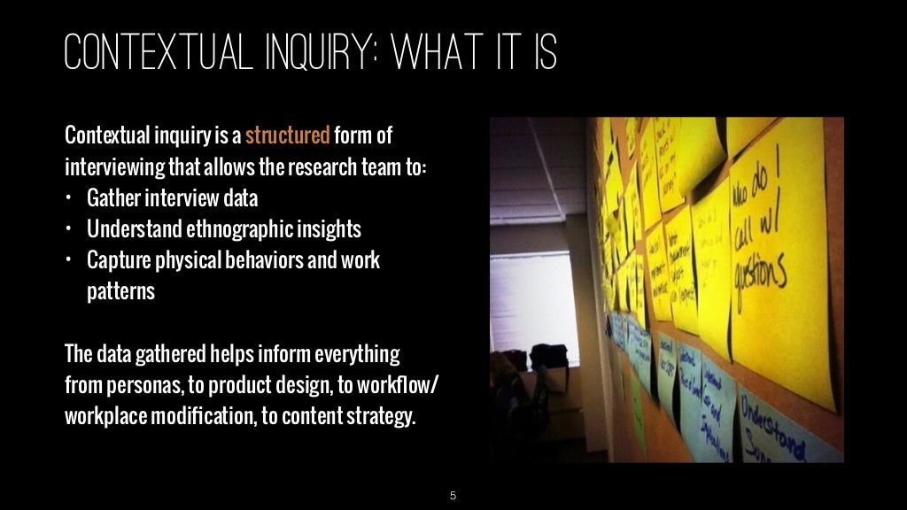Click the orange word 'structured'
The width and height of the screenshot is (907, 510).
coord(287,136)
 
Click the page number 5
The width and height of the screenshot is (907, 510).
coord(453,495)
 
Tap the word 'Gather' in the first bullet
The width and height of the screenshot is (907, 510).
coord(114,197)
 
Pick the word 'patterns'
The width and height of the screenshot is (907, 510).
coord(120,291)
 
